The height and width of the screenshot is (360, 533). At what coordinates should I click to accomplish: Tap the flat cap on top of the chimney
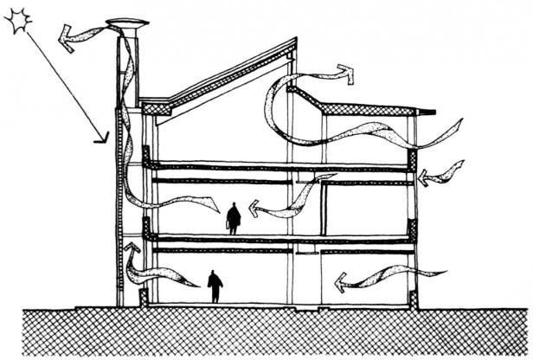click(x=126, y=23)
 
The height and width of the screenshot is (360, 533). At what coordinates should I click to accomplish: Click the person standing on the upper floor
click(x=233, y=218)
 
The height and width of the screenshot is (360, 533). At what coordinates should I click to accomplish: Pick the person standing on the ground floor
click(x=215, y=286)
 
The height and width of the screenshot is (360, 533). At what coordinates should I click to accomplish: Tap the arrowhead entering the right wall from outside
click(x=423, y=177)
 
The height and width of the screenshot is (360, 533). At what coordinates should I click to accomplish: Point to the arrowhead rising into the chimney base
click(x=132, y=250)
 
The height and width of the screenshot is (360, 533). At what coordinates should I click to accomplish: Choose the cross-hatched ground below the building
click(x=260, y=333)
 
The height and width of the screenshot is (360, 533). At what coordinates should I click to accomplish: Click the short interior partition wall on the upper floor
click(x=324, y=208)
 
